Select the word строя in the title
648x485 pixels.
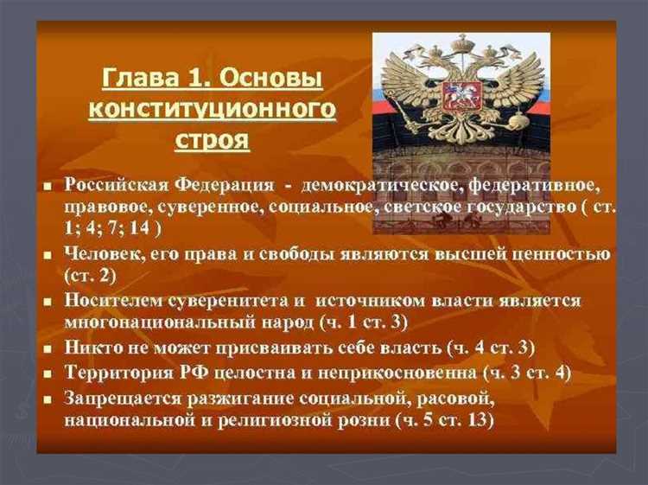coord(213,138)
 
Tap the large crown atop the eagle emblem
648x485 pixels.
coord(460,43)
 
